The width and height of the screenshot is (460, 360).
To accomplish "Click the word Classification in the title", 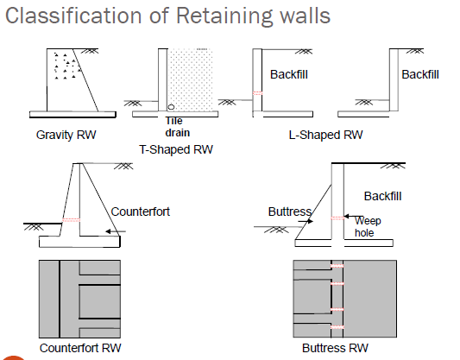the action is [74, 16].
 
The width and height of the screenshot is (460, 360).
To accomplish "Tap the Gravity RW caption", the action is [66, 135].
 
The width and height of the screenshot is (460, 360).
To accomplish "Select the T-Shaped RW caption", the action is [176, 149].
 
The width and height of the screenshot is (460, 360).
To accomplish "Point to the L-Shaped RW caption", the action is [325, 135].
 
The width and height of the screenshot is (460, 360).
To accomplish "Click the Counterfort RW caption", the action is [80, 348].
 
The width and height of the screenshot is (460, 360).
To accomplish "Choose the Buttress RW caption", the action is [335, 348].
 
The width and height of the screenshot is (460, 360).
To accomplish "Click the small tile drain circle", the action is [171, 107].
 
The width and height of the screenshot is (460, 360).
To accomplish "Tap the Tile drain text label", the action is [178, 127].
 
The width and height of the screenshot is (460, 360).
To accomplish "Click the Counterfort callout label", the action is [140, 212].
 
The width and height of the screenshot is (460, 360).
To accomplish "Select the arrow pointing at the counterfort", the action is [116, 231].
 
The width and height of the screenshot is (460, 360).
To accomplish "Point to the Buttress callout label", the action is [290, 212].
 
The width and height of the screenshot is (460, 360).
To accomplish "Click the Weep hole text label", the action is [368, 227].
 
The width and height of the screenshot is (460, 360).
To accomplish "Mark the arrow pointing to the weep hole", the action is [354, 217].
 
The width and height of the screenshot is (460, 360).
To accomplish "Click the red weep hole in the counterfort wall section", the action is [71, 220].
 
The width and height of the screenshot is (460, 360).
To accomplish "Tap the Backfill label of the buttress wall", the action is [382, 196].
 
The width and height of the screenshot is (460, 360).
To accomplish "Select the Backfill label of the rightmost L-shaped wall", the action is [420, 74].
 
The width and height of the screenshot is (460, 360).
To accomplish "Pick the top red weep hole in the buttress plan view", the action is [337, 266].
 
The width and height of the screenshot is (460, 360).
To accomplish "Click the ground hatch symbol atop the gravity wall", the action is [90, 51].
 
